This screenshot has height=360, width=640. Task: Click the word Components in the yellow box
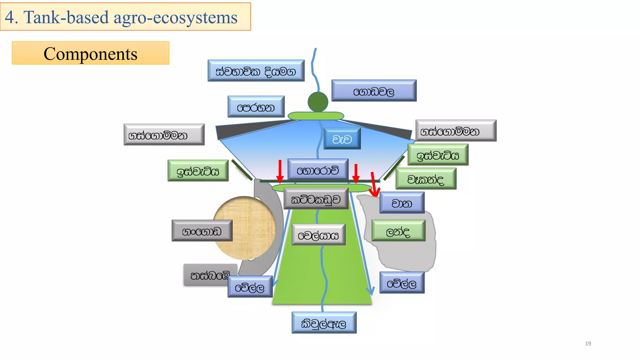coord(90,53)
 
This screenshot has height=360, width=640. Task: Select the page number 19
coord(588,343)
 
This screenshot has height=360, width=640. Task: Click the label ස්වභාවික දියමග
coord(256,71)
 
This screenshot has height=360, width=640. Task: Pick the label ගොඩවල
coord(374,91)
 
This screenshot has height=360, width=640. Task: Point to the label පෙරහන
coord(256,107)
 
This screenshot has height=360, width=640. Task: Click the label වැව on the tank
coord(342,139)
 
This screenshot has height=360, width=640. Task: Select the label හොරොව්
coord(318,170)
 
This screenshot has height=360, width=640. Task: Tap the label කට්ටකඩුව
coord(316,199)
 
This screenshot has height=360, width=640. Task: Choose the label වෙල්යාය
coord(318,235)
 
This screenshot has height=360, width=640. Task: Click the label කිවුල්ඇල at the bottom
coord(324,323)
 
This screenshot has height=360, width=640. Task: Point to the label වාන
coord(402,203)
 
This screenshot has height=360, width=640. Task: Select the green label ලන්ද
coord(398,231)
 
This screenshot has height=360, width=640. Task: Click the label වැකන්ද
coord(426,179)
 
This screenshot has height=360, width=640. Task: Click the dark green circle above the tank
coord(318,102)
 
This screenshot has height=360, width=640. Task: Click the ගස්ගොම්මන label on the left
coord(164,135)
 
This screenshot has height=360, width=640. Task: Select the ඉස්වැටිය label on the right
coord(438,155)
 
